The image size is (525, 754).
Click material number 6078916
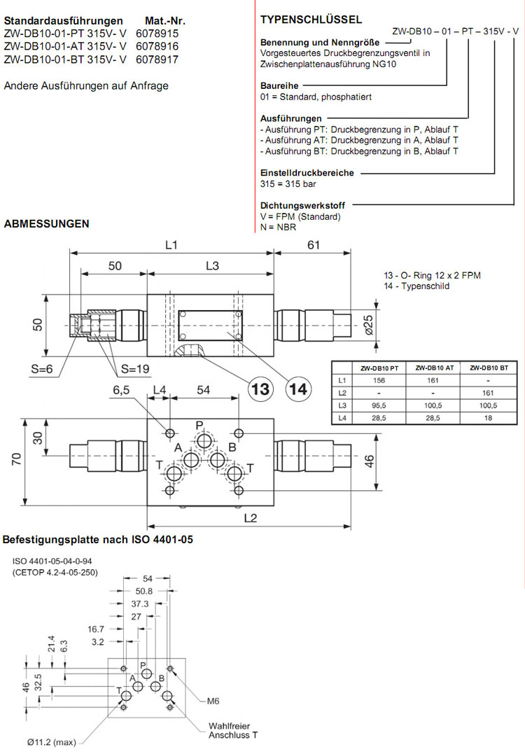(x=157, y=46)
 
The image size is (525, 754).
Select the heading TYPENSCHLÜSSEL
(x=311, y=20)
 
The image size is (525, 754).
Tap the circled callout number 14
(x=299, y=389)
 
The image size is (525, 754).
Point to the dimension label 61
(x=313, y=244)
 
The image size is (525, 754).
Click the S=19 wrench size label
(x=135, y=369)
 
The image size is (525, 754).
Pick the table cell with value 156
(x=379, y=380)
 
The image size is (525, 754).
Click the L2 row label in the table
(x=342, y=393)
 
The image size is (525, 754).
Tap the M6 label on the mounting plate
(x=214, y=699)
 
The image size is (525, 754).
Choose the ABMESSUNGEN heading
(x=46, y=224)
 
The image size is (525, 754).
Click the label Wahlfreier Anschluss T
(x=230, y=731)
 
